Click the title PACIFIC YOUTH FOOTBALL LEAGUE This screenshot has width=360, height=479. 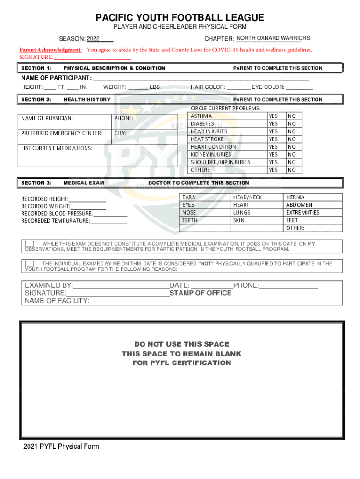pos(180,18)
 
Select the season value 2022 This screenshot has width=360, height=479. pos(94,38)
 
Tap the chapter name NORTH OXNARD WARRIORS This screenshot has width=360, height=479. pos(273,38)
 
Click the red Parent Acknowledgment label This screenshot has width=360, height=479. pos(51,50)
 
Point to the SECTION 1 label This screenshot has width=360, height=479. pos(36,68)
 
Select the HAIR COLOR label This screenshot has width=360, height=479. pos(208,87)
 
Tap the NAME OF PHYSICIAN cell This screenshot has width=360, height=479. pos(47,118)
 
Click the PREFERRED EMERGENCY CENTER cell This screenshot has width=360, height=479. pos(61,134)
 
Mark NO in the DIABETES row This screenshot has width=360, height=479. pos(292,124)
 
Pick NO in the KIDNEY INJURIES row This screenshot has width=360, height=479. pos(292,155)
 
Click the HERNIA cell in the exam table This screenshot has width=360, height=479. pos(295,197)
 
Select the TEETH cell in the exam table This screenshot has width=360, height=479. pos(190,220)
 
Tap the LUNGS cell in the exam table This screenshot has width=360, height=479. pos(242,213)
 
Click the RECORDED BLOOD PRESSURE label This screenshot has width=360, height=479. pos(57,214)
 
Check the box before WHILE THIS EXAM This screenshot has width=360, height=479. pos(29,244)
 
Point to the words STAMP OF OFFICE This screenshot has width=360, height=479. pos(201,293)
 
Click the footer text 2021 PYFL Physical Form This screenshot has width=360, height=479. pos(61,446)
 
